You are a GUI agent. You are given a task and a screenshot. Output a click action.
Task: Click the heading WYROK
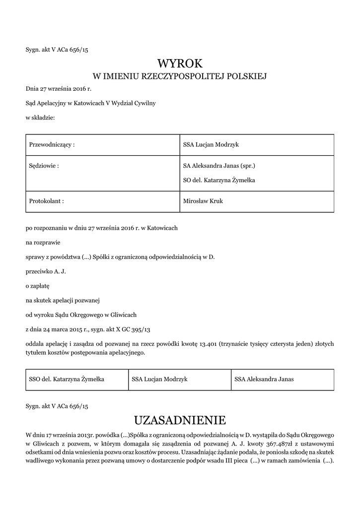coord(180,63)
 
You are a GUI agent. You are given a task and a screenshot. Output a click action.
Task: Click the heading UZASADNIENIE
coord(180,421)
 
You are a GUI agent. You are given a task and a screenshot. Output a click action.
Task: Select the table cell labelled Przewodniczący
coord(52,144)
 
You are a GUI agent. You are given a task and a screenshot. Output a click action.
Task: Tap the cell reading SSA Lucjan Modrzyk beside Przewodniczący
coord(211,144)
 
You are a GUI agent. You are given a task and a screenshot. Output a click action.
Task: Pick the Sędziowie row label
coord(44,166)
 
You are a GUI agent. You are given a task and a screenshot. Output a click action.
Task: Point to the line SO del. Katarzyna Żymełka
coord(219,180)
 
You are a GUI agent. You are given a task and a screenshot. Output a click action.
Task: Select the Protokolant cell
coord(47,201)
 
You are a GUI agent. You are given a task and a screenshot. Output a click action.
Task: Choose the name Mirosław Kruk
coord(204,201)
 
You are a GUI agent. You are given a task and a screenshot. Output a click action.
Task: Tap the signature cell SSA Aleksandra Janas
coord(264,379)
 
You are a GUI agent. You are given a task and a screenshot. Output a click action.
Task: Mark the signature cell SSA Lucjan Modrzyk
coord(159,379)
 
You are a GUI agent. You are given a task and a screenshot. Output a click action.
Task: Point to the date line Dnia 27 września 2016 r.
coord(59,89)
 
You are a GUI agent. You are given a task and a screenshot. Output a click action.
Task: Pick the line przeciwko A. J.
coord(46,271)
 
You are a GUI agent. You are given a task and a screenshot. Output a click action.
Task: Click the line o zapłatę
coord(37,286)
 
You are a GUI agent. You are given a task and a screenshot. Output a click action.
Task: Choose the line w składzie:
coord(40,118)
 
